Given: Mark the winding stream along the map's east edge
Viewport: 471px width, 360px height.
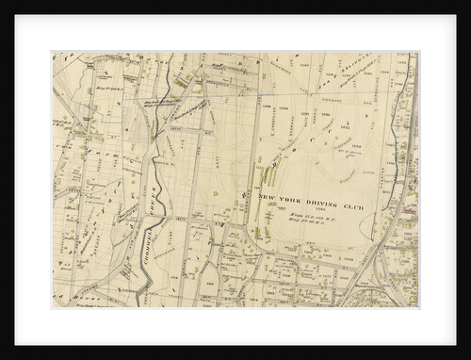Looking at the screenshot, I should point(406,141).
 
